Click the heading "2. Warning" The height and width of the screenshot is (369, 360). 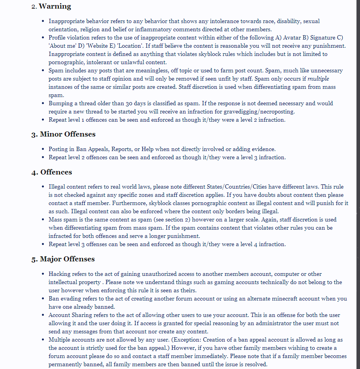[x=51, y=7]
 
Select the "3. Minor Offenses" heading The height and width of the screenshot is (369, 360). [x=63, y=134]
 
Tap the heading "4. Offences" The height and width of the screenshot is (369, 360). [x=52, y=172]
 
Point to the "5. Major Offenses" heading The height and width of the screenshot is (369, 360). [x=63, y=259]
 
